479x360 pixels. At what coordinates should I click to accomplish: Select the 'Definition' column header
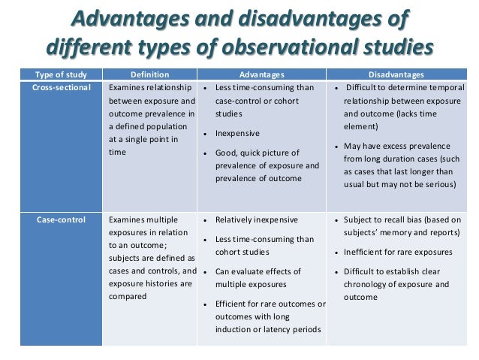[149, 74]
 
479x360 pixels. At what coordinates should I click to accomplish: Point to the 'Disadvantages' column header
[395, 74]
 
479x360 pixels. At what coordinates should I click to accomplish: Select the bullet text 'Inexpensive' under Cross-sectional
[238, 133]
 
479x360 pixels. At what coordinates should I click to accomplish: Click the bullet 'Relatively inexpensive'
[257, 220]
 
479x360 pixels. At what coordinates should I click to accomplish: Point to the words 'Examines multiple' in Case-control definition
[143, 220]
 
